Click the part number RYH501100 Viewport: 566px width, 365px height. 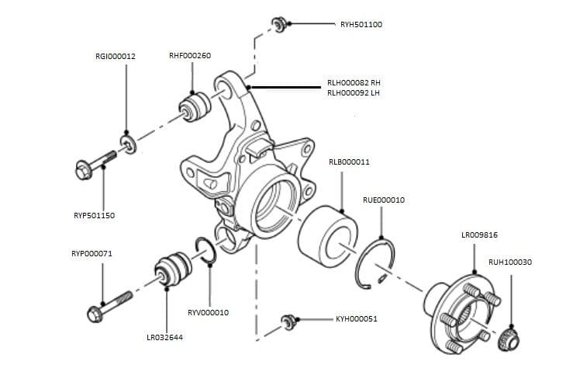click(x=361, y=25)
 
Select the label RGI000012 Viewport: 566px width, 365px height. click(x=116, y=56)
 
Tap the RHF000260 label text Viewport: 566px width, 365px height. click(x=189, y=56)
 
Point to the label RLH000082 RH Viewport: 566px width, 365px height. click(x=354, y=82)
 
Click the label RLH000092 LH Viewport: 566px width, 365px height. click(x=354, y=93)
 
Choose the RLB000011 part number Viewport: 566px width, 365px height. click(x=349, y=162)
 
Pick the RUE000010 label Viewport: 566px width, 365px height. click(x=383, y=200)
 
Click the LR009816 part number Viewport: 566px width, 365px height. click(x=479, y=235)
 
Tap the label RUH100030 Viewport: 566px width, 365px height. click(x=510, y=262)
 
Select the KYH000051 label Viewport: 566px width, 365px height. click(x=356, y=319)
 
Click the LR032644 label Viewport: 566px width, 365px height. click(x=165, y=338)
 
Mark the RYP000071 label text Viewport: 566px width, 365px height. click(x=91, y=253)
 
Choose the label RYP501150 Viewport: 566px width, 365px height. click(x=93, y=215)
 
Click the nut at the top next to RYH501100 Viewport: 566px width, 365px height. click(x=280, y=23)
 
